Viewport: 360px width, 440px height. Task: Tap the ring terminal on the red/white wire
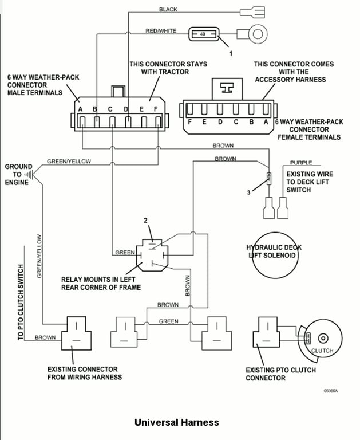(x=258, y=34)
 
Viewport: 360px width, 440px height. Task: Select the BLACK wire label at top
(x=168, y=10)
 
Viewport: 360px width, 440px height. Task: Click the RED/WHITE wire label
(x=161, y=31)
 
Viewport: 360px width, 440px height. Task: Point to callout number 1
(x=231, y=53)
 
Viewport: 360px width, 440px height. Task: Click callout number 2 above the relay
(x=145, y=221)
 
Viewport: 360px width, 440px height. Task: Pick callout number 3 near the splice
(x=248, y=193)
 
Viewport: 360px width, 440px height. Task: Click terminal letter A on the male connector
(x=81, y=109)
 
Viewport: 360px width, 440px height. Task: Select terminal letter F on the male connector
(x=156, y=109)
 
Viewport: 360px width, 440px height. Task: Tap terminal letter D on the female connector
(x=220, y=122)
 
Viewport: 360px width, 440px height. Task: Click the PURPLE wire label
(x=301, y=163)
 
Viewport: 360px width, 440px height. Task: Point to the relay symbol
(x=151, y=254)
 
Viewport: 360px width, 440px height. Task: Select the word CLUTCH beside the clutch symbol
(x=322, y=351)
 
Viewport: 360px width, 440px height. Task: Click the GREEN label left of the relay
(x=125, y=252)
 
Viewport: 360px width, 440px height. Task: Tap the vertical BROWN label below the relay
(x=187, y=284)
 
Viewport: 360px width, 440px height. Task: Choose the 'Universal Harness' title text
(x=176, y=422)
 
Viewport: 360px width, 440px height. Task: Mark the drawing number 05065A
(x=331, y=391)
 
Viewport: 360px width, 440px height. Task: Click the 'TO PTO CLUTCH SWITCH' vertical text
(x=21, y=302)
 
